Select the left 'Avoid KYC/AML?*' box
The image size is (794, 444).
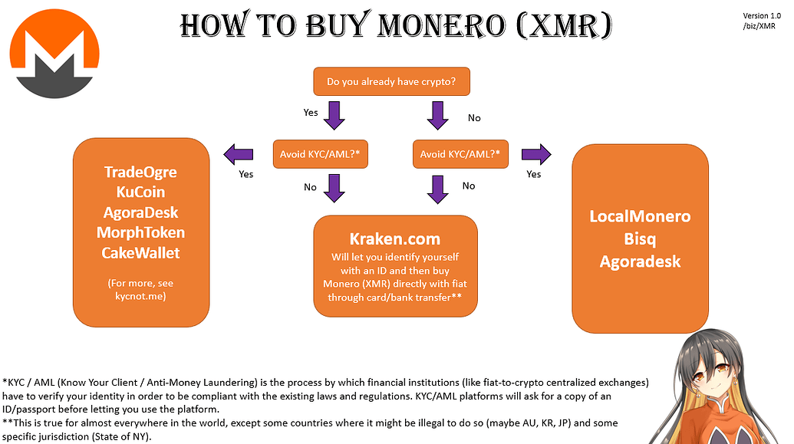tap(321, 154)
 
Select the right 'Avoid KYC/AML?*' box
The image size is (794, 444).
tap(460, 154)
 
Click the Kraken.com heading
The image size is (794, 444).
tap(395, 239)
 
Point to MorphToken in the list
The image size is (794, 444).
tap(140, 232)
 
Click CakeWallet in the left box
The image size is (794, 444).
tap(140, 252)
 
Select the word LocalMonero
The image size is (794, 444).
tap(640, 216)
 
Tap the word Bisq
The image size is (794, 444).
tap(640, 238)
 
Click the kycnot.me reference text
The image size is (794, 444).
tap(140, 294)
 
